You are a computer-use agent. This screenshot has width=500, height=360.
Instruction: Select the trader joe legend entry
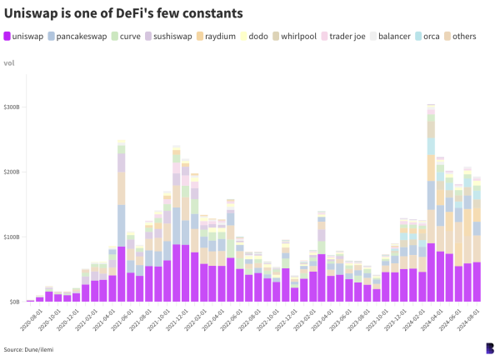click(x=345, y=37)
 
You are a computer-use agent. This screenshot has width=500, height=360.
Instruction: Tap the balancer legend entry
click(x=392, y=37)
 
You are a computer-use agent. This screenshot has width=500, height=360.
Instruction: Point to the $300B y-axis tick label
click(x=11, y=107)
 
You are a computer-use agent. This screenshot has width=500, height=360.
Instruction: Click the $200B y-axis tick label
click(x=11, y=172)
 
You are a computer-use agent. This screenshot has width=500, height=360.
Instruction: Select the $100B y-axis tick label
click(x=11, y=237)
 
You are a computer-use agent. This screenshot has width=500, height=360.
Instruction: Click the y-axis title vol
click(x=9, y=62)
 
